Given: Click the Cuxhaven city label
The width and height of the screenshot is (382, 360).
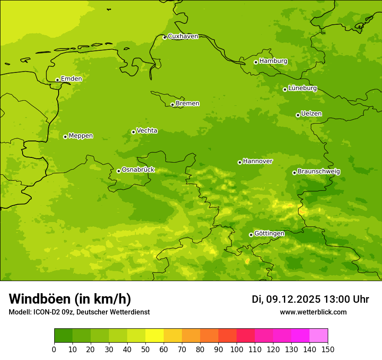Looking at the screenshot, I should [x=183, y=36].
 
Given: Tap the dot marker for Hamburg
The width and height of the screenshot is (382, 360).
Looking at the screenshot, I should [x=256, y=62].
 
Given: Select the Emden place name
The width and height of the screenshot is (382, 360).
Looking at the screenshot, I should [x=71, y=79].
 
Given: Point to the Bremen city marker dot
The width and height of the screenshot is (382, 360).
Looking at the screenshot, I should [x=172, y=105].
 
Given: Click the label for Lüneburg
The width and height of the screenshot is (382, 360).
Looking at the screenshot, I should [x=303, y=88].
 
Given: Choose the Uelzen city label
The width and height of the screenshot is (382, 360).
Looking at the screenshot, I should [x=311, y=114].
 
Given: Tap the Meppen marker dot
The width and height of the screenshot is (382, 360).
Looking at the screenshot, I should [x=65, y=137].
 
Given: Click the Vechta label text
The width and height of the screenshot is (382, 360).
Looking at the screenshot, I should [x=147, y=131].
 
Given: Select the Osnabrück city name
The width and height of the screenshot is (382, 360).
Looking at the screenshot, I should [x=138, y=170].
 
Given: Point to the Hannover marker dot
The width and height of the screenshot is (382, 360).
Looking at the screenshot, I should [x=240, y=162].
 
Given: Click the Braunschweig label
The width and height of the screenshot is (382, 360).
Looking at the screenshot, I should [x=319, y=172].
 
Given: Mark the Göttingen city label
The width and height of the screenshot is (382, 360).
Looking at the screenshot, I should [x=269, y=234].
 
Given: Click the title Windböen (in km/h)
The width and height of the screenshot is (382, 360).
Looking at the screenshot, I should [x=70, y=299].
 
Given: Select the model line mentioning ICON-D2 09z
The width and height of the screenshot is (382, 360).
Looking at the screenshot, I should [x=79, y=312].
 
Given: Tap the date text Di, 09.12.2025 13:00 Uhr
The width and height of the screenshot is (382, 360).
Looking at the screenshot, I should [x=310, y=299].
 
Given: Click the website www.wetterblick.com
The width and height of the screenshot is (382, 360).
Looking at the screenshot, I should [x=313, y=312].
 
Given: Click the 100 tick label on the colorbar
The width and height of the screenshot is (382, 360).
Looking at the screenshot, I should [x=237, y=349].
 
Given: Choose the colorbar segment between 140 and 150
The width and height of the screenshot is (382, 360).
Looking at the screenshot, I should [x=319, y=336].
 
